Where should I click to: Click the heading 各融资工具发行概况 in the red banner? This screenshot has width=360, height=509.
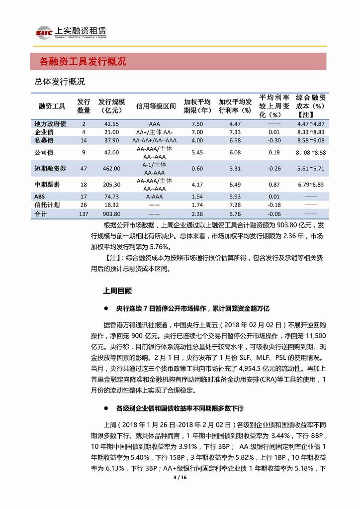[x=83, y=62]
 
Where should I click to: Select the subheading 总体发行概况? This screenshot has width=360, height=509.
[x=60, y=81]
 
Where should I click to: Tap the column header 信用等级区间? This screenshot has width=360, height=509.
[x=156, y=106]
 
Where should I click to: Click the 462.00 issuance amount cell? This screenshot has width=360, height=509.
[x=110, y=169]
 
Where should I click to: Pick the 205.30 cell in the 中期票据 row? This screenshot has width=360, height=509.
[x=110, y=185]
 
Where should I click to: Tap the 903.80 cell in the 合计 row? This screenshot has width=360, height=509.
[x=110, y=214]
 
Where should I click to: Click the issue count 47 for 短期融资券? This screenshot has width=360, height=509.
[x=84, y=169]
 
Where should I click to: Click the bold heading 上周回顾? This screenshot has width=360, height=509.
[x=117, y=289]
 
